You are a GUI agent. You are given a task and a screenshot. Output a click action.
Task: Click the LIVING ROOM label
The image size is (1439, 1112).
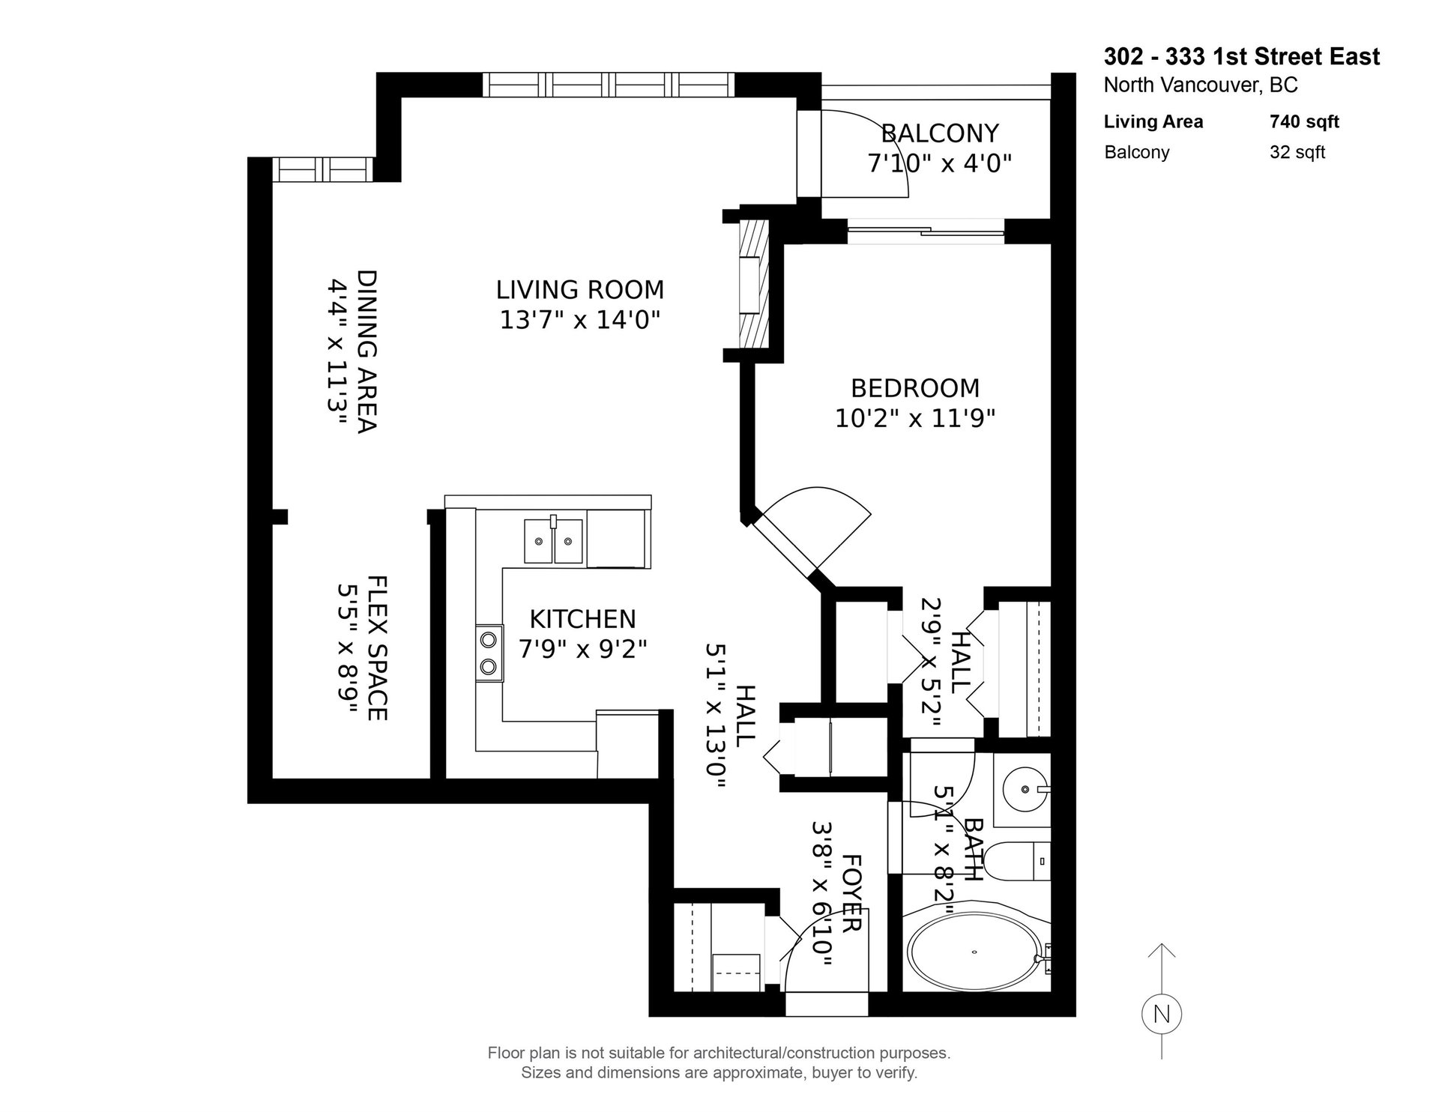click(x=580, y=289)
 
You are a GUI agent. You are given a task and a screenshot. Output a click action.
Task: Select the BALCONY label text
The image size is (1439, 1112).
click(x=940, y=133)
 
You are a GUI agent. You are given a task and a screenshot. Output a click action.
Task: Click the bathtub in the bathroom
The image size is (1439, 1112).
click(x=974, y=952)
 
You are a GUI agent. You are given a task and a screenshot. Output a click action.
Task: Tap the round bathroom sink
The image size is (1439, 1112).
click(x=1024, y=788)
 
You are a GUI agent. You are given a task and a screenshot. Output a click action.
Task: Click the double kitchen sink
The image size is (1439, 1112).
click(x=553, y=540)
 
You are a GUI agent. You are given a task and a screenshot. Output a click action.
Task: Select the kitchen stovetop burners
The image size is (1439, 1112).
click(x=489, y=653)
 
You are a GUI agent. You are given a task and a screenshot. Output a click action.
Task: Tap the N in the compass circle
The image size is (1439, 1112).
click(x=1161, y=1015)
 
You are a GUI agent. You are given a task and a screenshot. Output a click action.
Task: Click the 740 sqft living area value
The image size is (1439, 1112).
click(x=1304, y=121)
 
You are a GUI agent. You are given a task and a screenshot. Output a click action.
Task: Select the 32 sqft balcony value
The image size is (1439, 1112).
click(x=1297, y=152)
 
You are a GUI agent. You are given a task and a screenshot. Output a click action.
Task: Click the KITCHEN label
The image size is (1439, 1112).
click(x=582, y=619)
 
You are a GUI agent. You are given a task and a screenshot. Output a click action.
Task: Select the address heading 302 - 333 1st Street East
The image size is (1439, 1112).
click(x=1242, y=57)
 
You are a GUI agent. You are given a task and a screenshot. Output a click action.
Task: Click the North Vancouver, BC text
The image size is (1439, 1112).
click(x=1201, y=85)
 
